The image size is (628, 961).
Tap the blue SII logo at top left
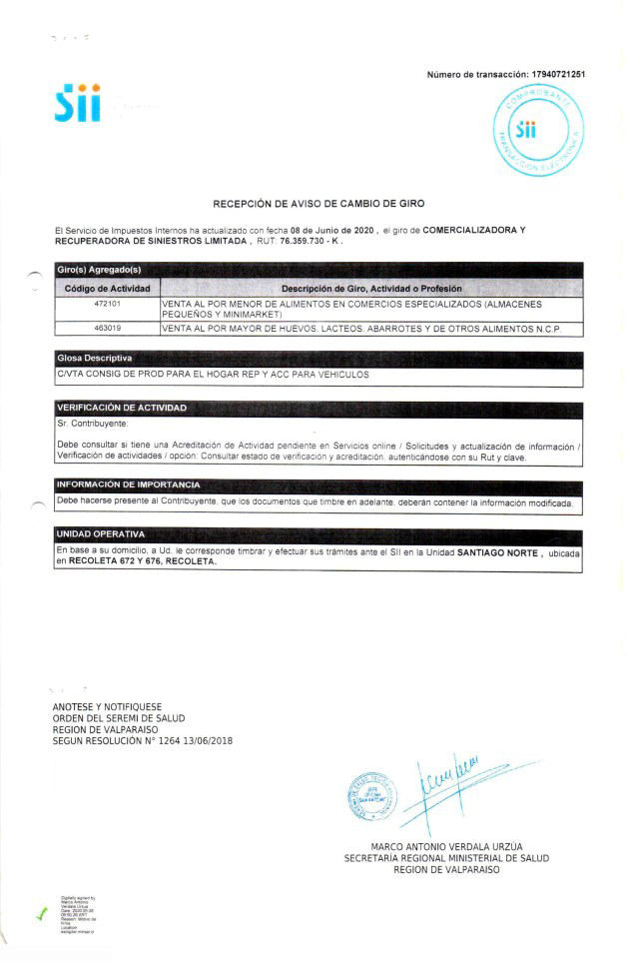[x=78, y=104]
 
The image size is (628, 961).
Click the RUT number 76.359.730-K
[x=314, y=242]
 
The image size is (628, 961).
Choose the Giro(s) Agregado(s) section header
[x=99, y=270]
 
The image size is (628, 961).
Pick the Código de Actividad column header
[x=107, y=288]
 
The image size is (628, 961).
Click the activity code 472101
[x=107, y=303]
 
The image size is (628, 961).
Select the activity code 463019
[x=107, y=328]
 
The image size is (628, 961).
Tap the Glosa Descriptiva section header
[x=95, y=358]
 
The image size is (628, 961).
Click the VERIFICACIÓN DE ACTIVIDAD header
[x=121, y=408]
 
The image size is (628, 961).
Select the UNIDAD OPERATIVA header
[x=101, y=534]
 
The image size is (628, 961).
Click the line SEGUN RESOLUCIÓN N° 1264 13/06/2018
[x=142, y=740]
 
